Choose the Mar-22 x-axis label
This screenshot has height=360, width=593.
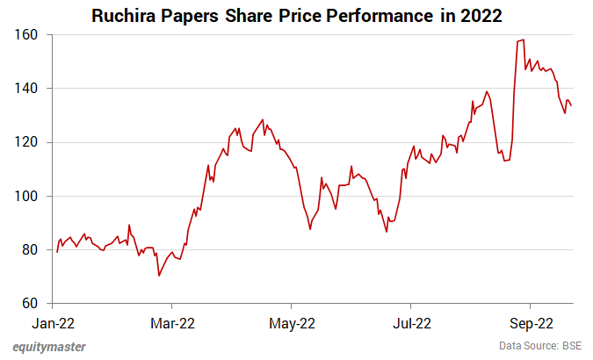point(173,321)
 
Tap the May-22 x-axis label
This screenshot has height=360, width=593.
point(292,321)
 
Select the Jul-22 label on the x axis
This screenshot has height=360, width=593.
point(410,321)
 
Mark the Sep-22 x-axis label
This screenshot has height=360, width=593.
point(531,321)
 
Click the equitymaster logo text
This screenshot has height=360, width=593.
point(49,346)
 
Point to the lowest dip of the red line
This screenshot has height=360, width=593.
point(159,276)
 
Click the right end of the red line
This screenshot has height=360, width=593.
point(572,106)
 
